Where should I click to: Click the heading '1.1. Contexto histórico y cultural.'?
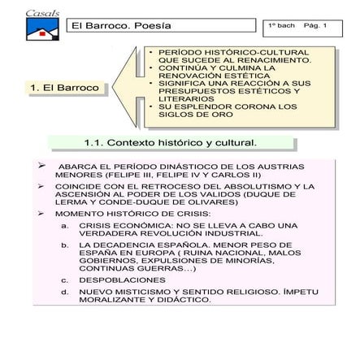170,143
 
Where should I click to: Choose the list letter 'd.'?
64,291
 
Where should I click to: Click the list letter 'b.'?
64,244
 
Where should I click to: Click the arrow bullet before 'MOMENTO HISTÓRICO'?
42,213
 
